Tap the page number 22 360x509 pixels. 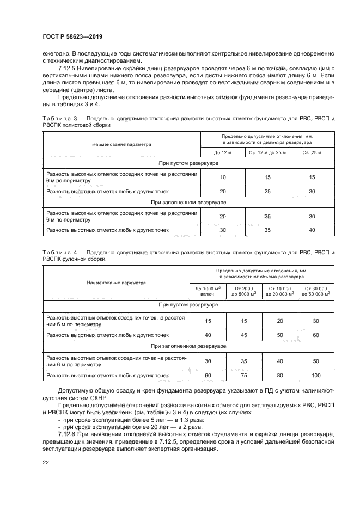point(45,462)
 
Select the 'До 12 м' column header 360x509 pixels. point(223,152)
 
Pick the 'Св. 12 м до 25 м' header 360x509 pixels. point(267,152)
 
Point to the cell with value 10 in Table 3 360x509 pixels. point(223,177)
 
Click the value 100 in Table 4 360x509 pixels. point(316,375)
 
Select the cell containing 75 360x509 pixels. point(243,375)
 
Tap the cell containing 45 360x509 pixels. point(243,335)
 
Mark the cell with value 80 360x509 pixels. point(279,375)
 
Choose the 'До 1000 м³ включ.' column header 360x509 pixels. point(207,291)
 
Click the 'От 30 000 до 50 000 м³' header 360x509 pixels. point(316,291)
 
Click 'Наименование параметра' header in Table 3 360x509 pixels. point(121,144)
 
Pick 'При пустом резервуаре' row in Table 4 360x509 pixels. point(188,305)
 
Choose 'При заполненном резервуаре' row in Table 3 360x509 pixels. point(188,203)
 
